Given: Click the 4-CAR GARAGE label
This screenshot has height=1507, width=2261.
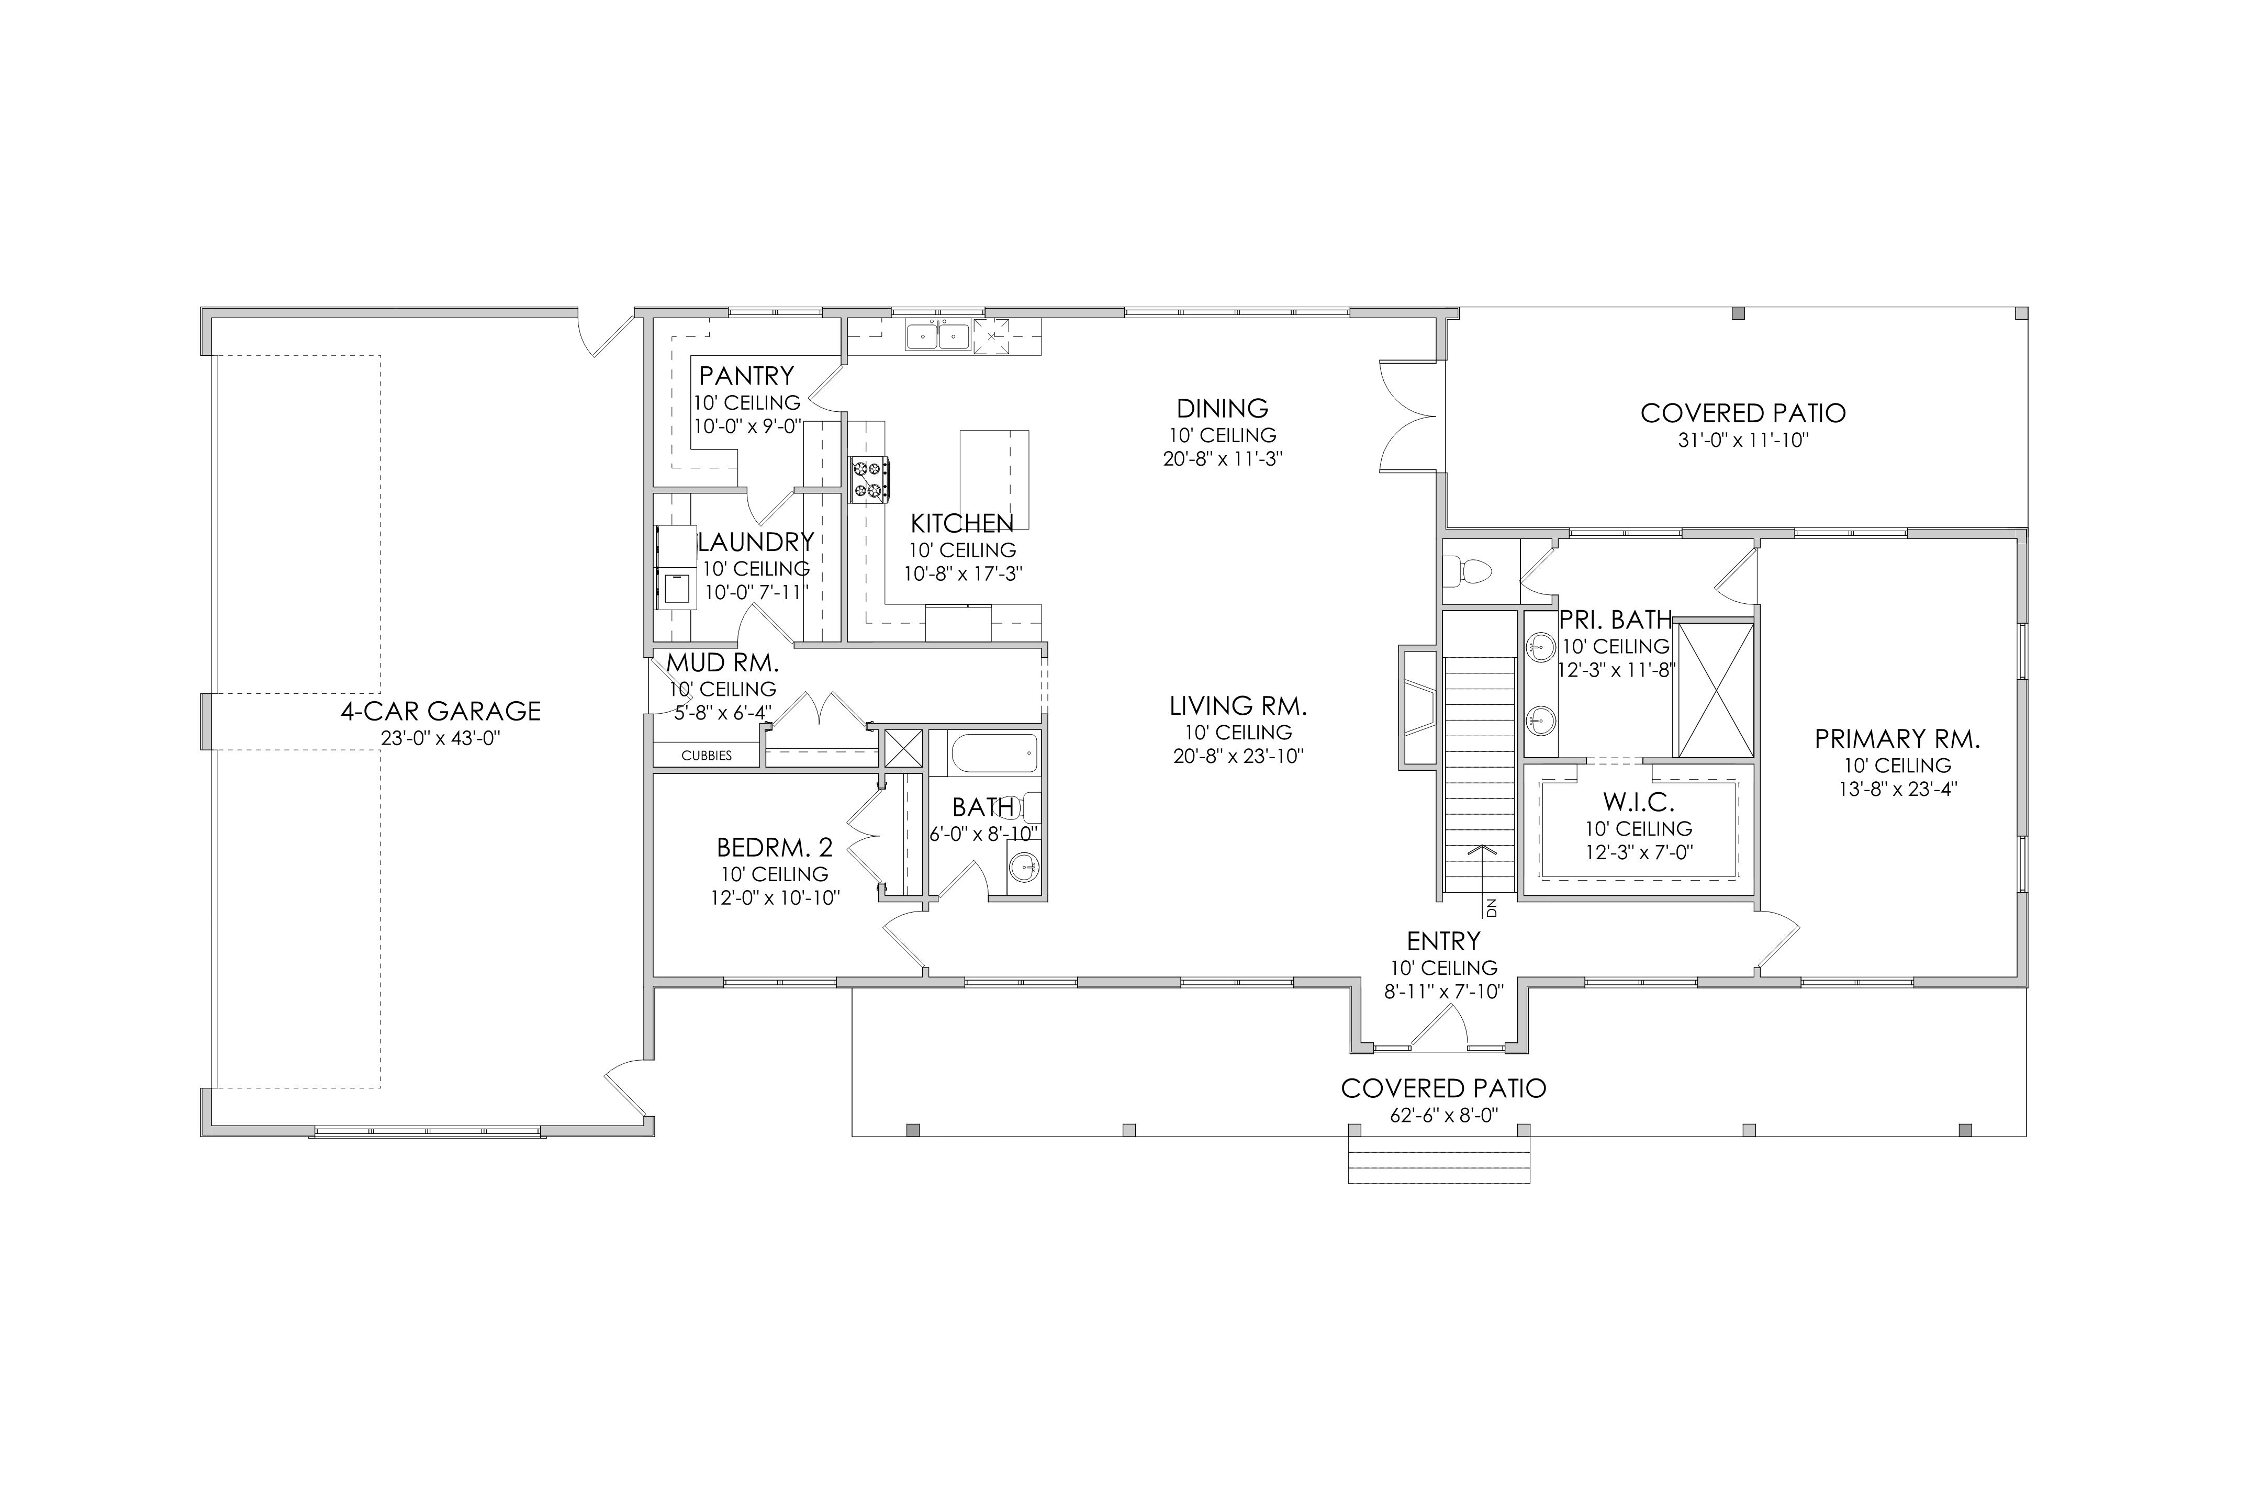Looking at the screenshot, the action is click(440, 711).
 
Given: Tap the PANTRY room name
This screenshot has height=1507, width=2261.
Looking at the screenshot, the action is click(746, 375).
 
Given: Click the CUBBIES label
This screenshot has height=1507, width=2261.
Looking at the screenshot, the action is click(707, 756).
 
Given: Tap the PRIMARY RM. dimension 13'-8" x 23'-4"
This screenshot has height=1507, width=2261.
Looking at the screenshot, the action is click(1898, 789).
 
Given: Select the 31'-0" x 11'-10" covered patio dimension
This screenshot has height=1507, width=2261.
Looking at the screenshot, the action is click(1743, 440).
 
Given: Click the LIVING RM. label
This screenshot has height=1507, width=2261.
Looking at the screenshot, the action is click(1238, 706).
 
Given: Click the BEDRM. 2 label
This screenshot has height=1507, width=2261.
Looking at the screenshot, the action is click(775, 848).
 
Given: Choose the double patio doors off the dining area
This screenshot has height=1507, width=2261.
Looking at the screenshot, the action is click(1408, 415).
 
